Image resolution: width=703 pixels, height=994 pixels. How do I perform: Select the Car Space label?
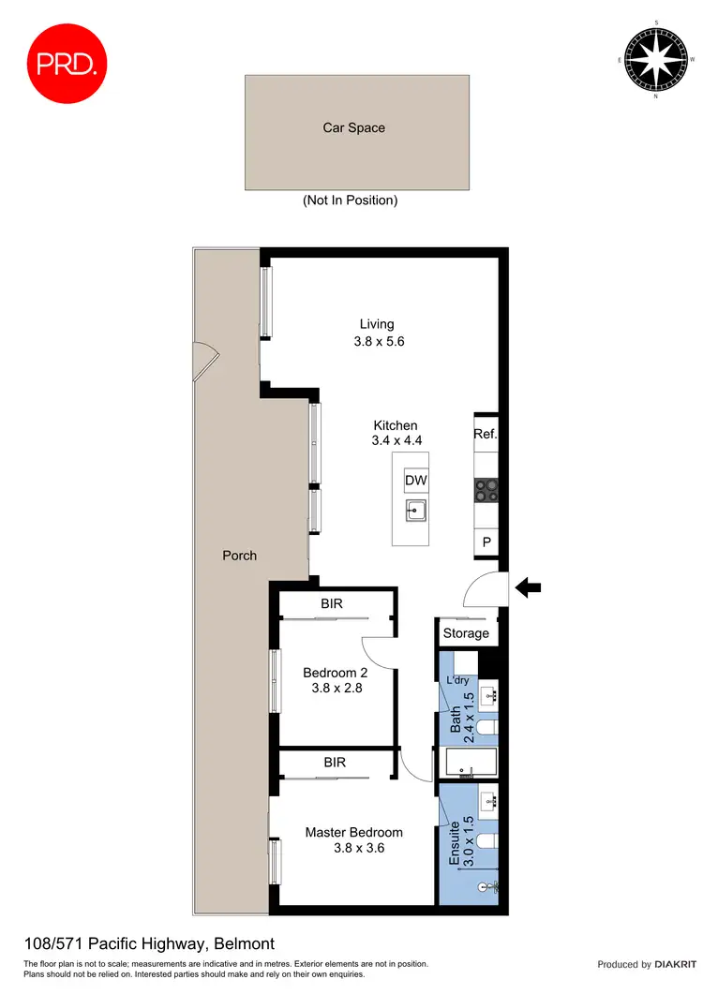point(354,127)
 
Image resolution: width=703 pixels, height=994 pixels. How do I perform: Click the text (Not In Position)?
point(350,200)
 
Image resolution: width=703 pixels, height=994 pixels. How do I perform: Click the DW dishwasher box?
point(416,481)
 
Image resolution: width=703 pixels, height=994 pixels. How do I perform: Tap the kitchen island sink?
point(416,512)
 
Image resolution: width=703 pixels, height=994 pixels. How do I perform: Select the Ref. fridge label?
point(485,434)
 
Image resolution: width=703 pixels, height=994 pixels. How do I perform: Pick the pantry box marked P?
point(486,542)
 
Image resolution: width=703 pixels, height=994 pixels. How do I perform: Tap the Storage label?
point(466,633)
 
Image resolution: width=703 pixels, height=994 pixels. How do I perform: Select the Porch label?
point(239,555)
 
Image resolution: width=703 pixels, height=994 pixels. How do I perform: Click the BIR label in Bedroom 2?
point(332,604)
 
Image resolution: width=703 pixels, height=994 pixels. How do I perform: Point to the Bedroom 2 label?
point(335,672)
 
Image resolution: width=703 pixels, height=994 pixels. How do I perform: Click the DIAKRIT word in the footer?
point(674,964)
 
